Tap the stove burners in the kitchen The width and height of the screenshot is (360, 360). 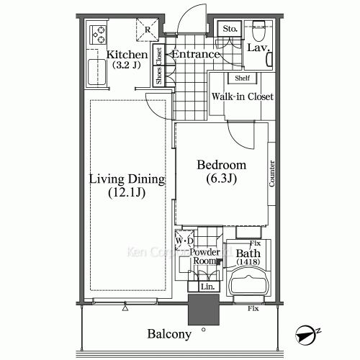[x=96, y=34]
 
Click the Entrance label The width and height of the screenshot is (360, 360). [x=196, y=55]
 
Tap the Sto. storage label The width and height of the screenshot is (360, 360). [x=230, y=30]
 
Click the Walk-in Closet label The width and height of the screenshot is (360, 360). [x=242, y=96]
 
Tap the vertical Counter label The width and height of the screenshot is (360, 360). [x=272, y=174]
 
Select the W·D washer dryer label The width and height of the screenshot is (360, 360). [x=184, y=240]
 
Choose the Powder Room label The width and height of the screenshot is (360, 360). [x=204, y=257]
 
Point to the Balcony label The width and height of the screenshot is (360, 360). [x=170, y=334]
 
